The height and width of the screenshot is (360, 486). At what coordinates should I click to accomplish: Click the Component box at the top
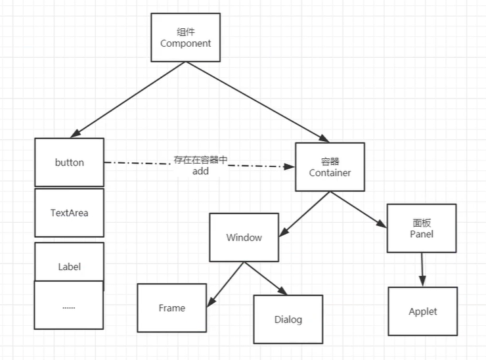tap(186, 37)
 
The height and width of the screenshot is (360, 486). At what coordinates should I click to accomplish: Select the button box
tap(69, 162)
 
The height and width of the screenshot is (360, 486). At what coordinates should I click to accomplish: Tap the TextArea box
tap(69, 213)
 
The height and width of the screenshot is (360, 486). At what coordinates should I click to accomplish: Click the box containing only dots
tap(69, 305)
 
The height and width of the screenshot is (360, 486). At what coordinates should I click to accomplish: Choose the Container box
tap(330, 168)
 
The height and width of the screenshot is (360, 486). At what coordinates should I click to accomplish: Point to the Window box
tap(244, 237)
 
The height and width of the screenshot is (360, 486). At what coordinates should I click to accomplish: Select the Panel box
tap(421, 228)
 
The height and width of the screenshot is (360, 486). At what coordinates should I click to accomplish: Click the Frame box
tap(171, 307)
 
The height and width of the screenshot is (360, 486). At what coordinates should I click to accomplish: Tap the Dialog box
tap(288, 319)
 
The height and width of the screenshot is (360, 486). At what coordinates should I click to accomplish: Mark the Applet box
tap(422, 311)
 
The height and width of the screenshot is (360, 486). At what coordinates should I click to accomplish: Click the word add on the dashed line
tap(200, 171)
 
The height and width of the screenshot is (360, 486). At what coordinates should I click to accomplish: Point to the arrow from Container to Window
tap(306, 214)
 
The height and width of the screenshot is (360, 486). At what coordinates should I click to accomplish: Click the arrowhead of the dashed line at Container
tap(290, 167)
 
